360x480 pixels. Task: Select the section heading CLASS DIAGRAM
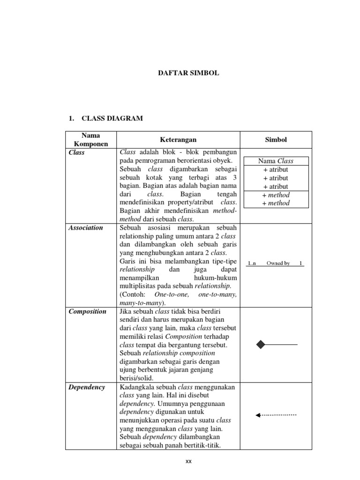click(112, 119)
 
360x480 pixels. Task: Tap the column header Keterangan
click(178, 140)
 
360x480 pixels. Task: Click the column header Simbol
click(276, 140)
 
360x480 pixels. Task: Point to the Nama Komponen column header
click(90, 140)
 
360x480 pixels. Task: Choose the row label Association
click(86, 228)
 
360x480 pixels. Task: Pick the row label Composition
click(87, 312)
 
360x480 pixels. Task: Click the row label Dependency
click(87, 387)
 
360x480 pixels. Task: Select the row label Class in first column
click(76, 152)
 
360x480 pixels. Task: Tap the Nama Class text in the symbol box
click(276, 161)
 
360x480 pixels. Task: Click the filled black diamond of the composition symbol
click(261, 345)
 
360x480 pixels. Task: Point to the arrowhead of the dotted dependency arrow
click(258, 415)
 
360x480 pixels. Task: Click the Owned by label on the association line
click(278, 263)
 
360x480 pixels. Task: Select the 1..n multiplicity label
click(252, 263)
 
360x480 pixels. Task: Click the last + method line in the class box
click(276, 203)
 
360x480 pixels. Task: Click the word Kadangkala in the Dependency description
click(137, 387)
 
